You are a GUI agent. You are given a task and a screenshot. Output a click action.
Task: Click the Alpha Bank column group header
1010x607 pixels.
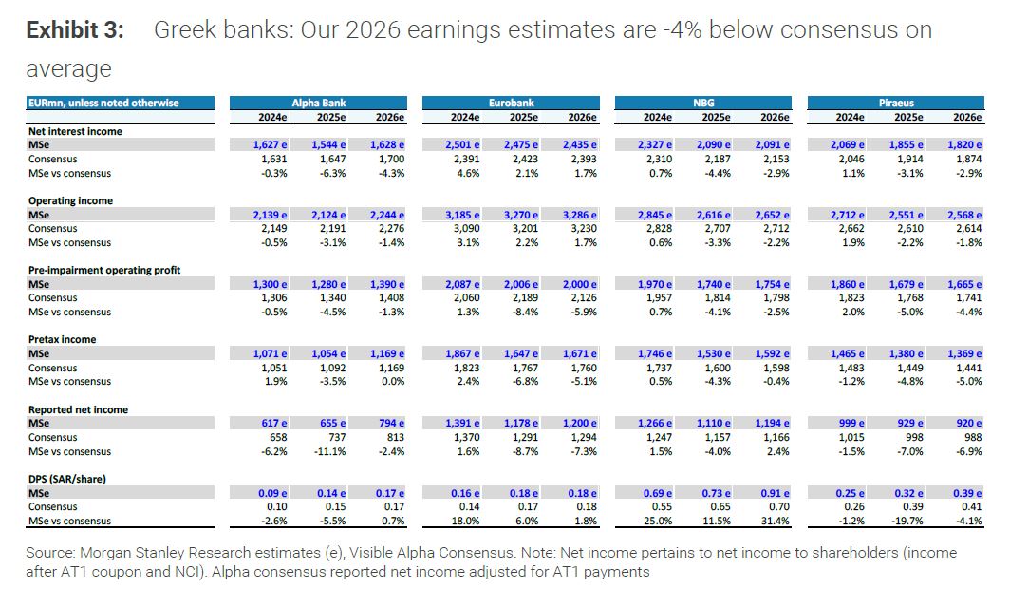pyautogui.click(x=317, y=103)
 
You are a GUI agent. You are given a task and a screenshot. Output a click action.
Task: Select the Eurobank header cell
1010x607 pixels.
pyautogui.click(x=511, y=103)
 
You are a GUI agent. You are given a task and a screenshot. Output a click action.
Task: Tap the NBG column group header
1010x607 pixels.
pyautogui.click(x=703, y=103)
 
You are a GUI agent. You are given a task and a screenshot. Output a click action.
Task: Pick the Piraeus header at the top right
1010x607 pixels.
pyautogui.click(x=896, y=103)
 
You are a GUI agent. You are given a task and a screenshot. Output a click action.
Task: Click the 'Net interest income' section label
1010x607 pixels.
pyautogui.click(x=75, y=131)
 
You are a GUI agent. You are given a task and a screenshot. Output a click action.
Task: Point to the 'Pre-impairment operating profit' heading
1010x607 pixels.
pyautogui.click(x=104, y=270)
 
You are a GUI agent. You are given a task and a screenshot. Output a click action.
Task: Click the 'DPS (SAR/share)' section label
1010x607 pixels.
pyautogui.click(x=67, y=479)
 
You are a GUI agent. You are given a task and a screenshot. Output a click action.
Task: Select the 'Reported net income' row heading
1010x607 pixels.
pyautogui.click(x=78, y=409)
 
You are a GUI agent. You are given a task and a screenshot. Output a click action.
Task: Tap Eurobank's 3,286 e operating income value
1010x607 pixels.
pyautogui.click(x=578, y=215)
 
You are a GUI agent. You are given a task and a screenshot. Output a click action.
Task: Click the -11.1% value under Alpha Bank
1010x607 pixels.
pyautogui.click(x=327, y=451)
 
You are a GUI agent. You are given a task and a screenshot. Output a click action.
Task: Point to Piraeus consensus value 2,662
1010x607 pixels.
pyautogui.click(x=849, y=229)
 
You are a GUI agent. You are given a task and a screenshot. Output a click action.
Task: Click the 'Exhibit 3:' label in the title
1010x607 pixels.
pyautogui.click(x=75, y=30)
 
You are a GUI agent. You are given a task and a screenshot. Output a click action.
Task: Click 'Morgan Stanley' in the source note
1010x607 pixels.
pyautogui.click(x=144, y=552)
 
